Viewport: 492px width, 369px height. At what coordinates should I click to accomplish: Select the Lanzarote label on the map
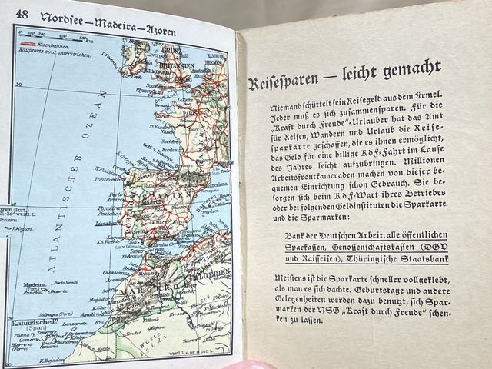coord(80,325)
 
